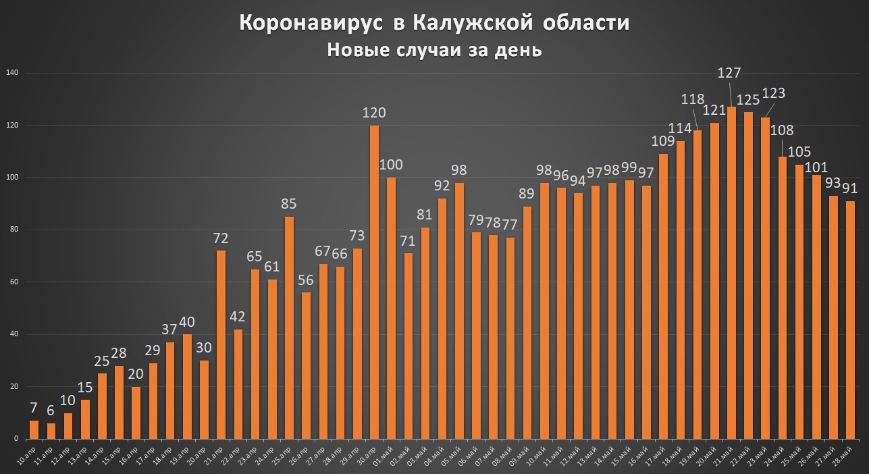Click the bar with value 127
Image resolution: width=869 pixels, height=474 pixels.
point(731,273)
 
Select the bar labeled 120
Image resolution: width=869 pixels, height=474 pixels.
point(374,282)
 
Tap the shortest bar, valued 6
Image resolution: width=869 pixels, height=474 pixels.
point(51,431)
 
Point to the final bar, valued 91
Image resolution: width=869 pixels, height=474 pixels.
point(850,320)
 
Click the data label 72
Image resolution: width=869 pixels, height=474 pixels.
point(221,238)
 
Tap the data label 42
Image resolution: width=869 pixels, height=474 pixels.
point(238,317)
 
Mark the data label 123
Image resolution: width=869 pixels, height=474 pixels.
point(773,93)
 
